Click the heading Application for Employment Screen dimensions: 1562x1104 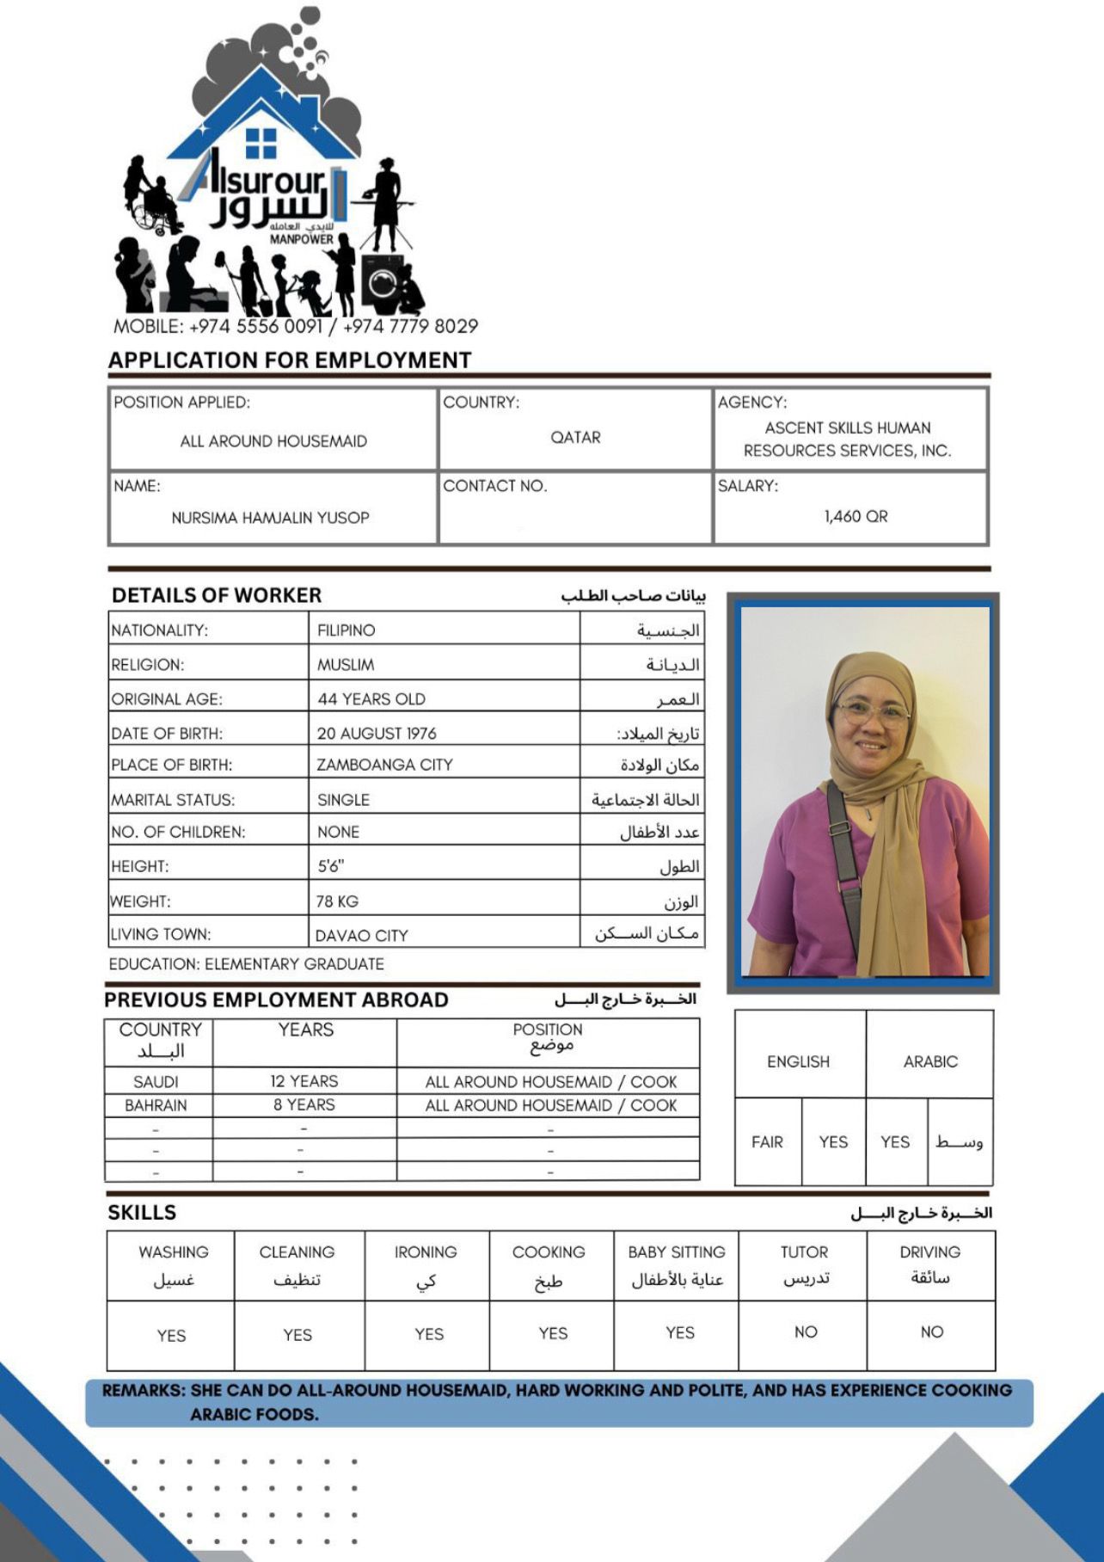click(290, 360)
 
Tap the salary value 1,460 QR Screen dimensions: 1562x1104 click(856, 516)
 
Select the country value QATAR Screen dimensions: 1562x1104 click(575, 437)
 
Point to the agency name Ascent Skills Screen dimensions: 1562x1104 click(848, 439)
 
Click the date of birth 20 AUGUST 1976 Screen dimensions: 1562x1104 click(377, 733)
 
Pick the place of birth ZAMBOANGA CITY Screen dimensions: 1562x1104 click(384, 765)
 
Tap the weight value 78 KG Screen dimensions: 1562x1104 click(337, 901)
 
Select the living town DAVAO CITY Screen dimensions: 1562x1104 click(361, 935)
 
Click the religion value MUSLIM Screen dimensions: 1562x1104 click(346, 665)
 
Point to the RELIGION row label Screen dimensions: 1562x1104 click(147, 665)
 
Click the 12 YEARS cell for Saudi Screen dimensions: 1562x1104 click(304, 1081)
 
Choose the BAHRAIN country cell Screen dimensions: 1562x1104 click(156, 1105)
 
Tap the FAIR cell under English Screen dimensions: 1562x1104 click(767, 1142)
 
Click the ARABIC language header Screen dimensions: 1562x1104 click(930, 1061)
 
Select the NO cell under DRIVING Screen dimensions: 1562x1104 click(932, 1331)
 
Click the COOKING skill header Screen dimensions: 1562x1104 click(549, 1252)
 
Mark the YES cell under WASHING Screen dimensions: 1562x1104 click(171, 1335)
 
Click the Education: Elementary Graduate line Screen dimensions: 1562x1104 click(247, 964)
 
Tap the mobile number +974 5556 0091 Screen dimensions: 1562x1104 click(255, 327)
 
